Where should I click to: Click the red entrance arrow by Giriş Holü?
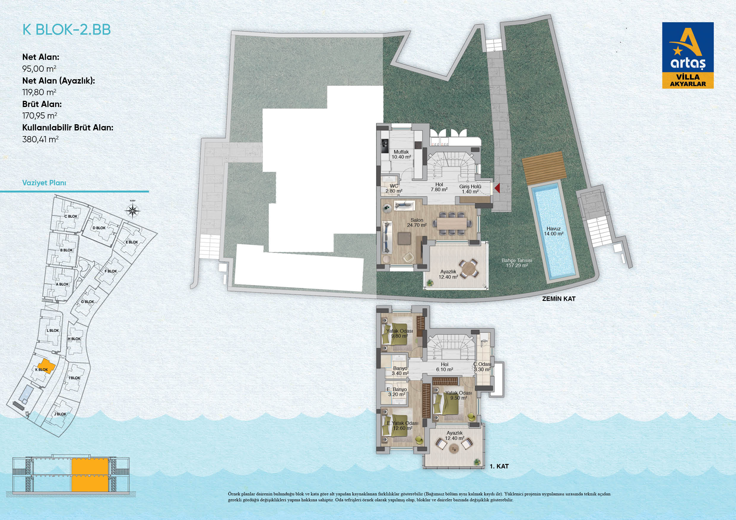[x=497, y=188]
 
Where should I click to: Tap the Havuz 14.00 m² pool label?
[x=553, y=231]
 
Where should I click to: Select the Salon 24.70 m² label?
[x=417, y=223]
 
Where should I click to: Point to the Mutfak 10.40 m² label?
[x=401, y=154]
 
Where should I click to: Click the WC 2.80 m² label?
[x=394, y=188]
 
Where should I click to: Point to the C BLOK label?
[x=71, y=216]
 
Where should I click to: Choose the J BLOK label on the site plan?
[x=60, y=414]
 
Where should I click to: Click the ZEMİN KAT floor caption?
[x=559, y=299]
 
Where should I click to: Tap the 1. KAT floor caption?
[x=499, y=466]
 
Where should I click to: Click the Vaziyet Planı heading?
[x=44, y=183]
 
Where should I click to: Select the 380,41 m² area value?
[x=40, y=139]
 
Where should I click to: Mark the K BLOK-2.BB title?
[x=66, y=29]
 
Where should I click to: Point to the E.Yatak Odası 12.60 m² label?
[x=403, y=425]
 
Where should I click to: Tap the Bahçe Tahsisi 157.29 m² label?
[x=517, y=263]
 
